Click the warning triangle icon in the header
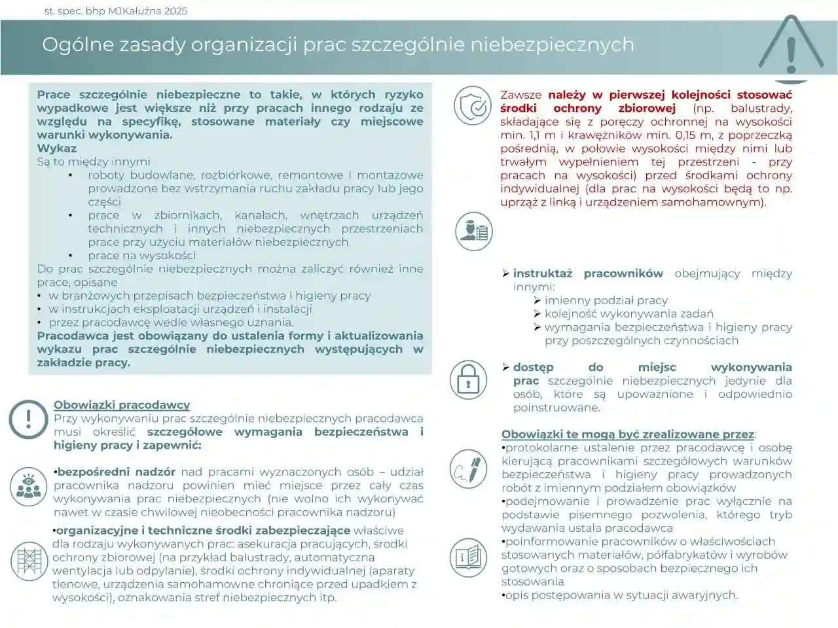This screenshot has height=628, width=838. (x=791, y=46)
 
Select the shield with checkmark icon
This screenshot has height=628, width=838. (x=473, y=105)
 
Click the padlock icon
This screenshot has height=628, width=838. (x=468, y=379)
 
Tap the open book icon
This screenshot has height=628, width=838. (x=468, y=557)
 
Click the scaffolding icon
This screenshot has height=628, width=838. (x=29, y=561)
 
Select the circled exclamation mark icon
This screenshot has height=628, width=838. (x=28, y=419)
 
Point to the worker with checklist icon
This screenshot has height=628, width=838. (x=474, y=232)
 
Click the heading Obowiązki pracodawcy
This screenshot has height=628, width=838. (x=122, y=405)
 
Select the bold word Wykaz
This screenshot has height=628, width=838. (x=57, y=148)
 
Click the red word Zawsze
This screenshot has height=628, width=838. (x=521, y=95)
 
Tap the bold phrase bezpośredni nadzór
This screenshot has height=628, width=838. (x=117, y=472)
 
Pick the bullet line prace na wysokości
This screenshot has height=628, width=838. (x=142, y=255)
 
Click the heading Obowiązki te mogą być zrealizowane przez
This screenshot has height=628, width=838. (x=628, y=434)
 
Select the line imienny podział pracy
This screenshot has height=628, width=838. (x=606, y=300)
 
